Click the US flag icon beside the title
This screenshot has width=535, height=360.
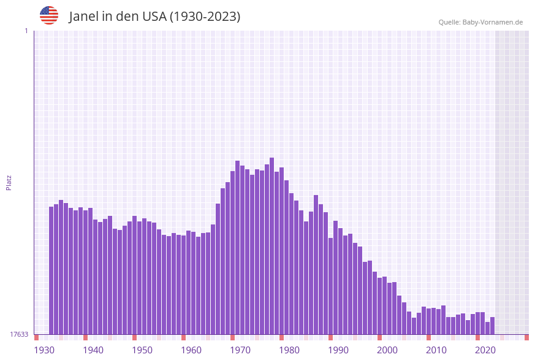(x=49, y=15)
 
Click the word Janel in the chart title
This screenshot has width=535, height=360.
(x=84, y=17)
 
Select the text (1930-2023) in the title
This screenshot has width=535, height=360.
(x=205, y=17)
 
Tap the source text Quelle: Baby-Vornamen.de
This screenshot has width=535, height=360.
(x=480, y=22)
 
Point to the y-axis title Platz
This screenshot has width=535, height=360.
(x=9, y=182)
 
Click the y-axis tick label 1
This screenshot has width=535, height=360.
(x=26, y=31)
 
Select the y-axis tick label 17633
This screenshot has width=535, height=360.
(x=19, y=334)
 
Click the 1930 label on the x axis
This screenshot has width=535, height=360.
(x=44, y=350)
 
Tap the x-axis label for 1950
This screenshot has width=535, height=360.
(x=142, y=350)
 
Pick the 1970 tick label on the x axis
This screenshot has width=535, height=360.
(x=240, y=350)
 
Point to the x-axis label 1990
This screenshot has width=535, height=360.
(x=338, y=350)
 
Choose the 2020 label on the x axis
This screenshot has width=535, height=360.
(x=485, y=350)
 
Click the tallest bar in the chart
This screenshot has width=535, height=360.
(x=272, y=245)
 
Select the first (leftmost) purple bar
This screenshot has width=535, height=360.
(x=51, y=270)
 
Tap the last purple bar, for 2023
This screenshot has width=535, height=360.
(x=493, y=326)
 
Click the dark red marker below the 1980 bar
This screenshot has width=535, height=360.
(x=282, y=337)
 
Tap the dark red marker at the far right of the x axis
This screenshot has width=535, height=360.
(x=526, y=337)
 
